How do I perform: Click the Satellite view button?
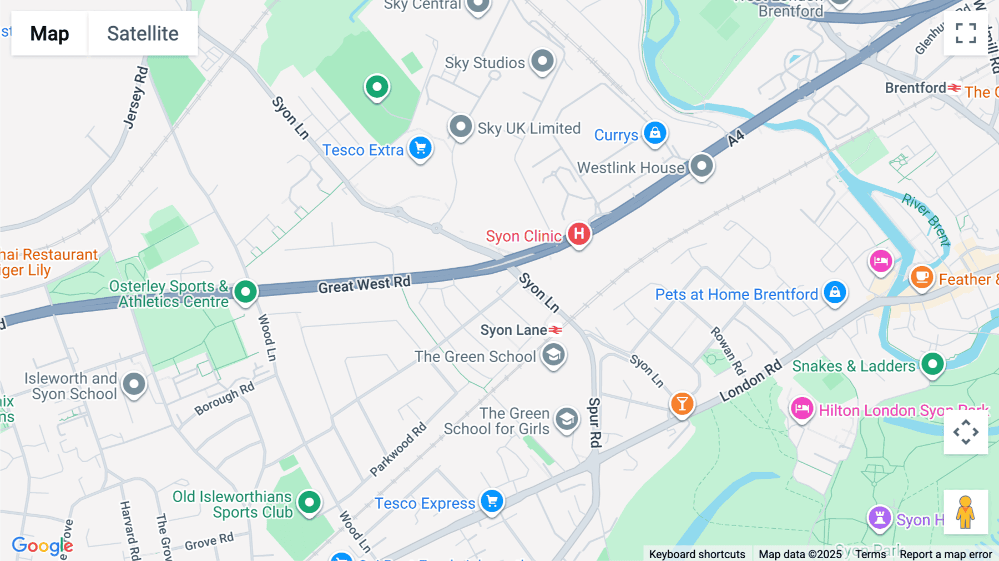[143, 33]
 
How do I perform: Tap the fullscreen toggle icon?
[966, 33]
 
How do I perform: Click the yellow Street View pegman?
[966, 512]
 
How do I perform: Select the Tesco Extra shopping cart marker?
[420, 148]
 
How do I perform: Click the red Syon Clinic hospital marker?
[579, 234]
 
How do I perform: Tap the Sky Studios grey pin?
[542, 61]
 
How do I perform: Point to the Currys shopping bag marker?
[655, 133]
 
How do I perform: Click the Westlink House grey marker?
[702, 166]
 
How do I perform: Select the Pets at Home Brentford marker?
[835, 292]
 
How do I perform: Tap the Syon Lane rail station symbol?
[556, 330]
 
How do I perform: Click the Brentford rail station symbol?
[954, 88]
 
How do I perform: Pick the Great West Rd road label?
[364, 284]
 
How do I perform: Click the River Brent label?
[926, 218]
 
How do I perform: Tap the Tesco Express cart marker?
[492, 501]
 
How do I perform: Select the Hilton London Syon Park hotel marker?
[802, 409]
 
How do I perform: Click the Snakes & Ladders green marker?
[932, 364]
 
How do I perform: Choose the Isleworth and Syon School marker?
[134, 384]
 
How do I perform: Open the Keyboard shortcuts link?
[697, 554]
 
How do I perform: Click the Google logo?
[42, 545]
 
